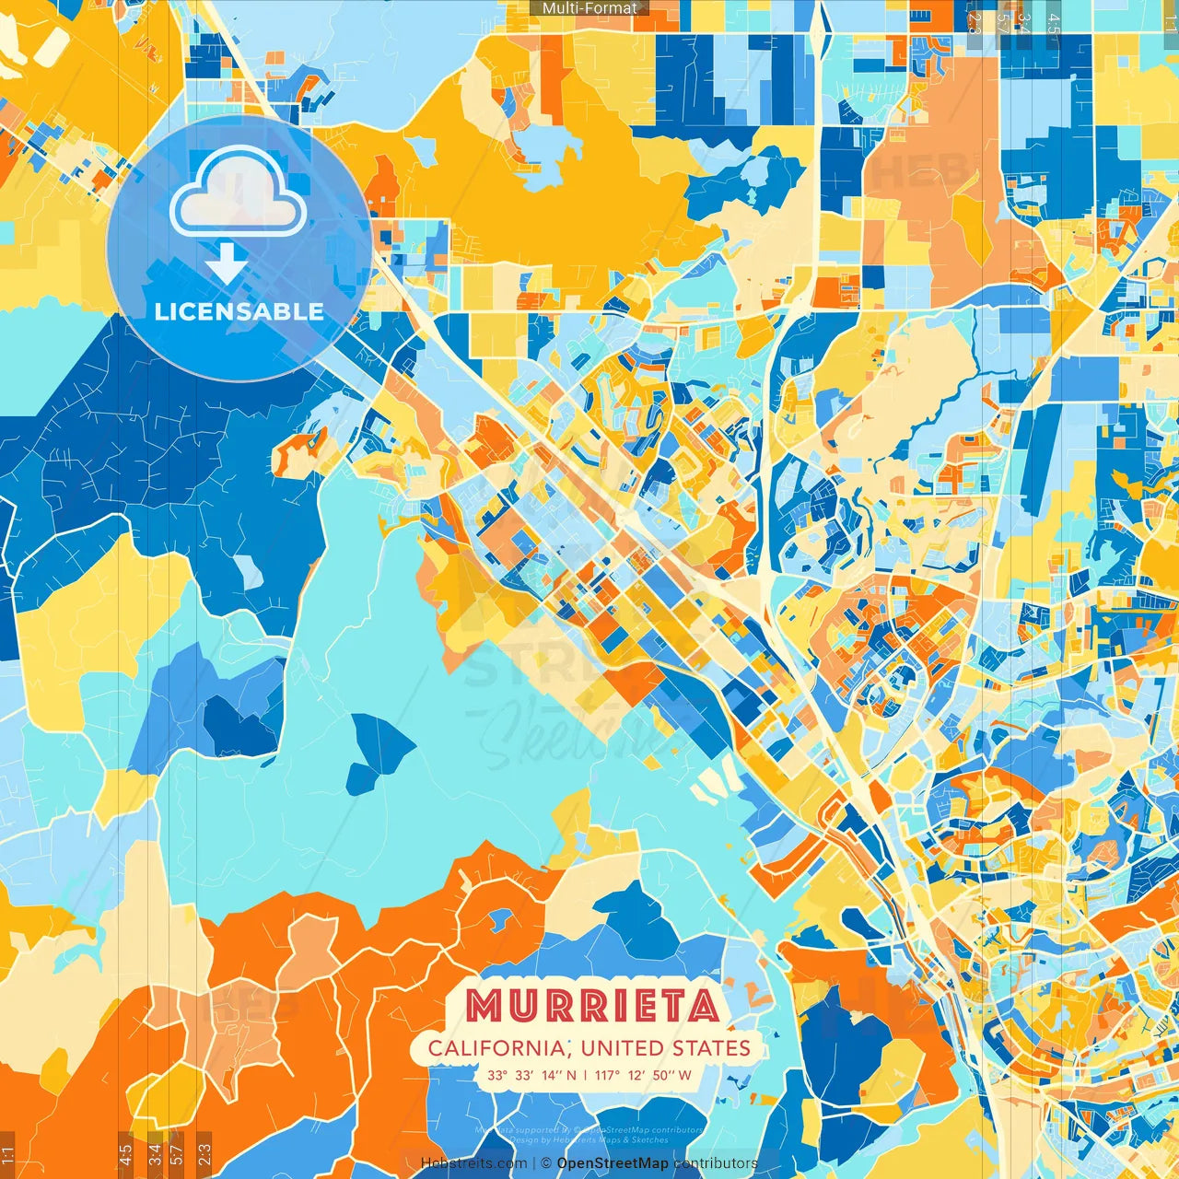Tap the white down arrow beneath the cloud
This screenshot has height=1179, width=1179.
227,263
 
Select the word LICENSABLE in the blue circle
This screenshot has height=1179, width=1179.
239,311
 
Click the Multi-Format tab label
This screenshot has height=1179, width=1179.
589,8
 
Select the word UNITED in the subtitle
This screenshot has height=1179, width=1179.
622,1048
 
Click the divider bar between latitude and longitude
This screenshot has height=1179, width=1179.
585,1075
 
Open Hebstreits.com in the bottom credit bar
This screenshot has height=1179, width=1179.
473,1163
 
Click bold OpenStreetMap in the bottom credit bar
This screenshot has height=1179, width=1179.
613,1163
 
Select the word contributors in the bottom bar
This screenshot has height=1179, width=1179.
716,1163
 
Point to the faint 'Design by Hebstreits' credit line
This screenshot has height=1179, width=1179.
589,1139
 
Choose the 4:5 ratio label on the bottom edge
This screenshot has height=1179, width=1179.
125,1154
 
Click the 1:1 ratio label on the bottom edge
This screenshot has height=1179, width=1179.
7,1154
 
